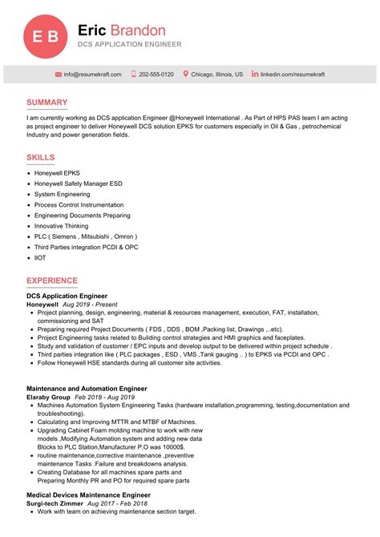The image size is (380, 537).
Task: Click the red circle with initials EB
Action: [x=43, y=36]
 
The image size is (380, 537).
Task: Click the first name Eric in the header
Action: [x=92, y=30]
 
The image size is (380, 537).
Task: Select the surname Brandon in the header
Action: [x=138, y=30]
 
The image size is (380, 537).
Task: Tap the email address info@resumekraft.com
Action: [x=93, y=75]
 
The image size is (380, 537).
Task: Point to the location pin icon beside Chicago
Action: [x=186, y=75]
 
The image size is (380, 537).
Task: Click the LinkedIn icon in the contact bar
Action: [x=255, y=75]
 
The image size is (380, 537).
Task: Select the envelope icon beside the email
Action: [x=59, y=75]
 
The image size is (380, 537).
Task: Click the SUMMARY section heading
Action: [x=46, y=103]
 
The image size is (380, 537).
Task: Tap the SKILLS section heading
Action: [x=41, y=158]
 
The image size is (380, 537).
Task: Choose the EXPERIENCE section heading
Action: [x=51, y=281]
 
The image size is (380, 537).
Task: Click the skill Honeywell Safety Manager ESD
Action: [x=78, y=184]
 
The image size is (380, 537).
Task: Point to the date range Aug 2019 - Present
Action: [x=90, y=305]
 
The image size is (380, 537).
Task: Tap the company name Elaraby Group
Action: [x=48, y=398]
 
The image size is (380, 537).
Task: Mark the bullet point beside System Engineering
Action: [x=29, y=195]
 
